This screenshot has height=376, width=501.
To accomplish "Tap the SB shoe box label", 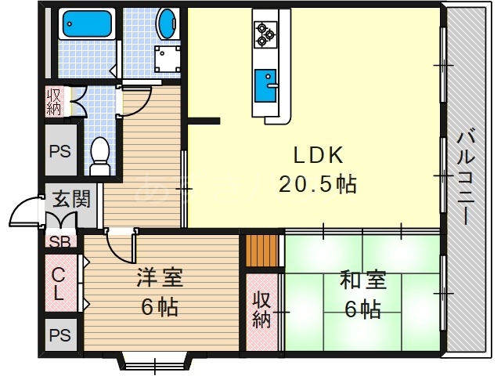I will [59, 241].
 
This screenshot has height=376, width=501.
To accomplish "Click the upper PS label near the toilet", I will [60, 151].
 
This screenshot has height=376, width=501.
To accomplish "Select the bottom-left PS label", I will [59, 335].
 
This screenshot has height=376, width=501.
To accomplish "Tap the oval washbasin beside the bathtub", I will [168, 23].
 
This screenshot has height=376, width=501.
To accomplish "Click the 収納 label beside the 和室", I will [261, 309].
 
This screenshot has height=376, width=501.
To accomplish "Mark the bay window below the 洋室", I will [154, 362].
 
